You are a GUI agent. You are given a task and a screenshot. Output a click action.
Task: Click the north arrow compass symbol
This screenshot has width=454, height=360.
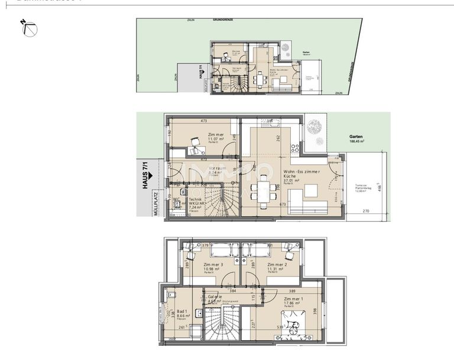30,29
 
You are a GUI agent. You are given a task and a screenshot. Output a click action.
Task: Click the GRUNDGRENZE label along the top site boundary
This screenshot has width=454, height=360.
223,20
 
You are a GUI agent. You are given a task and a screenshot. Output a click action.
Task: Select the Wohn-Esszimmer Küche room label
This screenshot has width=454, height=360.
303,174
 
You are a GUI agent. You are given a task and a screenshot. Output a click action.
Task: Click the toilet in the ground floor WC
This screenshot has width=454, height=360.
178,205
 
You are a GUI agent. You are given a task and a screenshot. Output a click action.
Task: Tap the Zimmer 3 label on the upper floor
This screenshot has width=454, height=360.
212,265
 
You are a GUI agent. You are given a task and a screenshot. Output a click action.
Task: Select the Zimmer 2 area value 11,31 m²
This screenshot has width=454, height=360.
276,269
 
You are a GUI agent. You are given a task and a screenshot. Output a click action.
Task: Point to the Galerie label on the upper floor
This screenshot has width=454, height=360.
213,297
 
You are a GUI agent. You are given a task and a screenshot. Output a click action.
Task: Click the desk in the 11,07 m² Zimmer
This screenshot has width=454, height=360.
195,141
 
